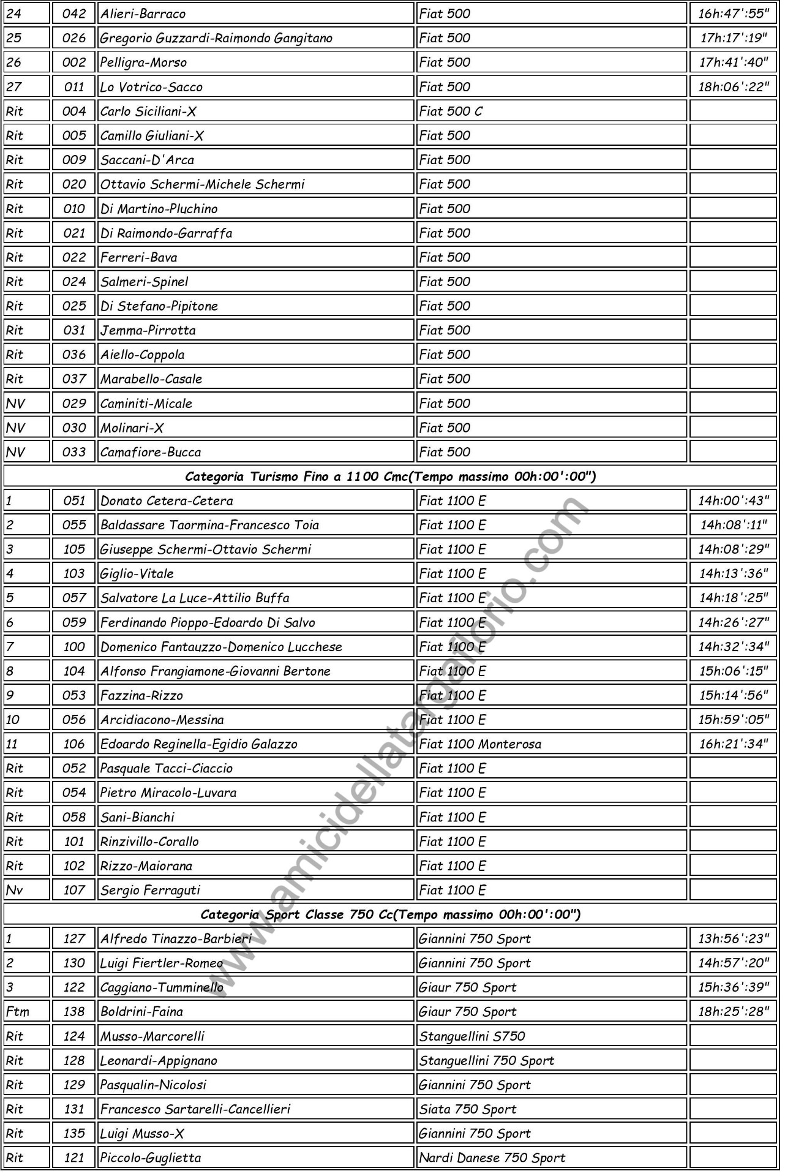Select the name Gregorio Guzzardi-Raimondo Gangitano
[x=216, y=38]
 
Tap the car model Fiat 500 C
[x=451, y=111]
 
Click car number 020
[x=74, y=184]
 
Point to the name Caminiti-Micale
[x=146, y=404]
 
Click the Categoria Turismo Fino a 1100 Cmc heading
[x=390, y=477]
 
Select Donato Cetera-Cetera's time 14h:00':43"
[x=733, y=501]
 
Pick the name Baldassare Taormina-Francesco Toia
[x=209, y=525]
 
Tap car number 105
[x=74, y=549]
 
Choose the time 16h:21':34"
[x=733, y=744]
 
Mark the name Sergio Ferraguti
[x=150, y=890]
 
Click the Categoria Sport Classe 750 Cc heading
[x=390, y=914]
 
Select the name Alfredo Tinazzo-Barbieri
[x=176, y=939]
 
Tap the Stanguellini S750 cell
[x=472, y=1036]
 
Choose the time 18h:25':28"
[x=733, y=1012]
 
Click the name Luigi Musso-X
[x=142, y=1134]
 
